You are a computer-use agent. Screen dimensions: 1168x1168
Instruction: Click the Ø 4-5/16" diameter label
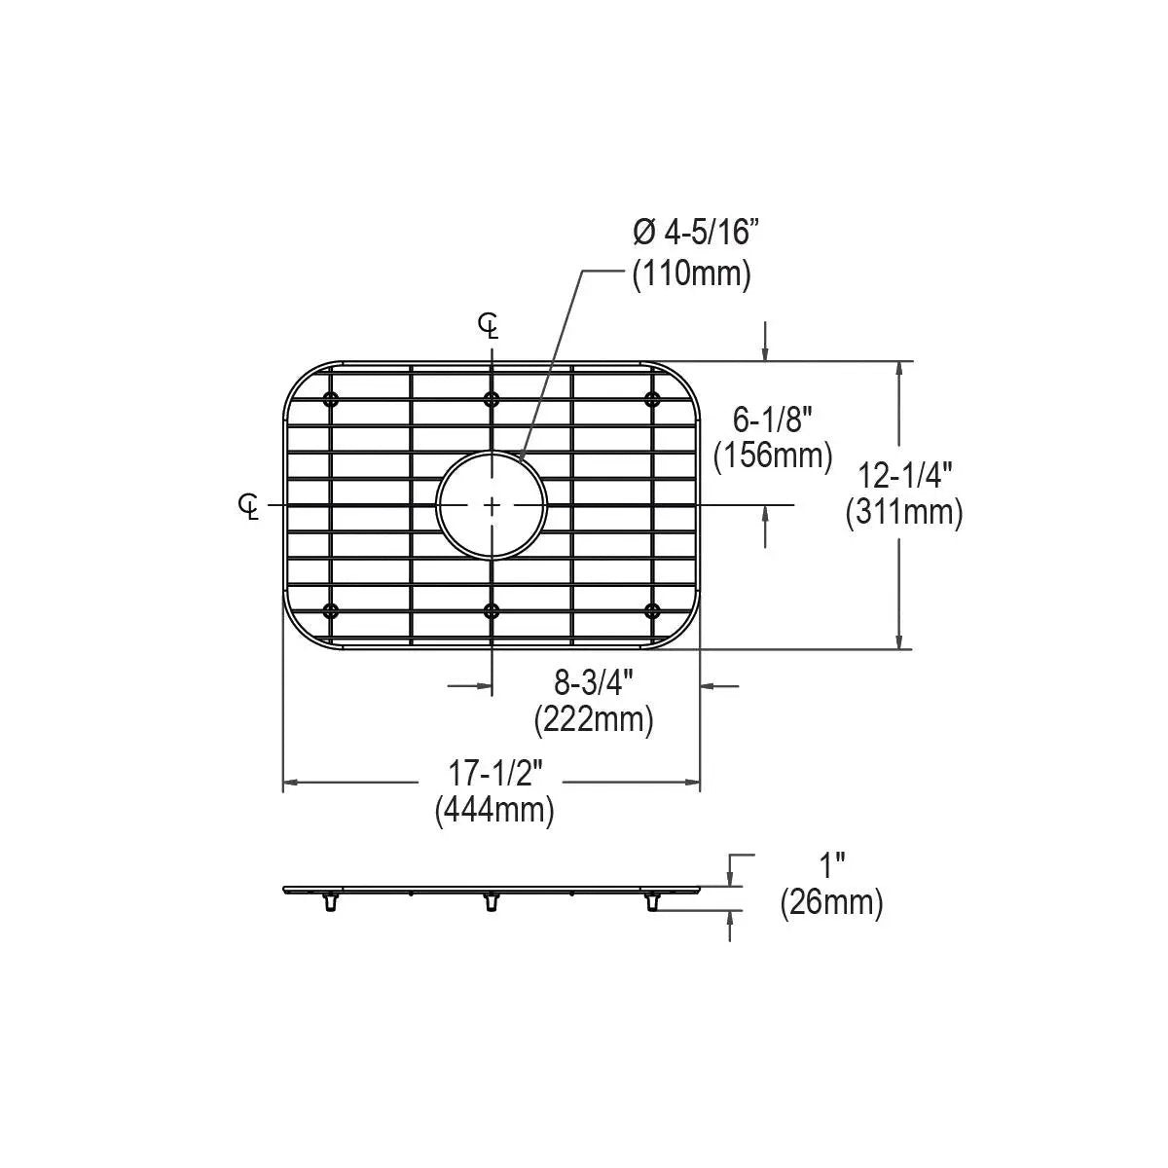tap(695, 233)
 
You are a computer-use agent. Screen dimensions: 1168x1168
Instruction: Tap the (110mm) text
tap(692, 274)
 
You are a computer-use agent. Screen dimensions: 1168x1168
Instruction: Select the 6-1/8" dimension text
tap(772, 420)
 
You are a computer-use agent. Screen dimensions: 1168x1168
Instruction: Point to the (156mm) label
tap(773, 456)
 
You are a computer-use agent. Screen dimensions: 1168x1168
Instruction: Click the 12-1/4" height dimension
tap(905, 476)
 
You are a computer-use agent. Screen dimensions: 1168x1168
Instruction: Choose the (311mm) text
tap(904, 513)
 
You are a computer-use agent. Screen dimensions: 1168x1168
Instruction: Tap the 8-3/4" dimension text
tap(594, 683)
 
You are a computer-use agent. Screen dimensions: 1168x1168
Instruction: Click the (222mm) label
tap(594, 720)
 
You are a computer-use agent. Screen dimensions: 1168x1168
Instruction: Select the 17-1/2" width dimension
tap(494, 774)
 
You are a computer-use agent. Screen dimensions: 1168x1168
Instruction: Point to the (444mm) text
tap(494, 810)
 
